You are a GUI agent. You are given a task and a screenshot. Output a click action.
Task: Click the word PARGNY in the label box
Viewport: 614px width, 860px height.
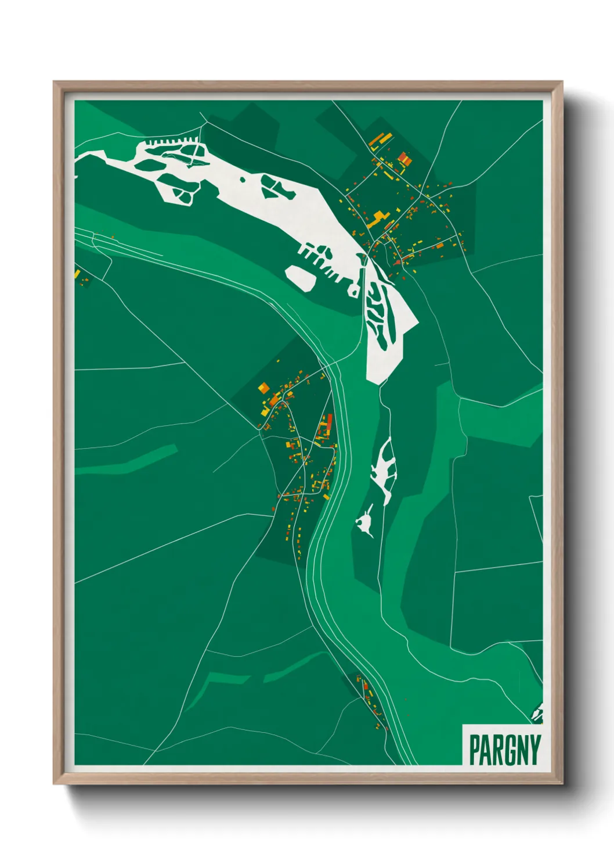tap(504, 750)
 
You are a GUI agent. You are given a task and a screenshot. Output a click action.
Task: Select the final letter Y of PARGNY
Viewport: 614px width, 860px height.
tap(534, 750)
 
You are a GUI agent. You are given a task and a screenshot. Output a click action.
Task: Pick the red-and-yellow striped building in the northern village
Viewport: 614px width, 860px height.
tap(404, 157)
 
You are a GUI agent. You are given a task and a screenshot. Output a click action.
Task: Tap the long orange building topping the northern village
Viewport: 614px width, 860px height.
tap(378, 140)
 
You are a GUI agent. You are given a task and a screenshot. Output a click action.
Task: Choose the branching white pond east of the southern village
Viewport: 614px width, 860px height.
tap(384, 467)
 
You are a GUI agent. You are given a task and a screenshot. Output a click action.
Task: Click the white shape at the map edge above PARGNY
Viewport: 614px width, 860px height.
tap(537, 713)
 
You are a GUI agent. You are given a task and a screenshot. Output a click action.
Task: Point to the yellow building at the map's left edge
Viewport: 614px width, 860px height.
tap(77, 273)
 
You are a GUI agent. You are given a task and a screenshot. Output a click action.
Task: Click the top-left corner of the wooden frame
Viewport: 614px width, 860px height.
tap(54, 82)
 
